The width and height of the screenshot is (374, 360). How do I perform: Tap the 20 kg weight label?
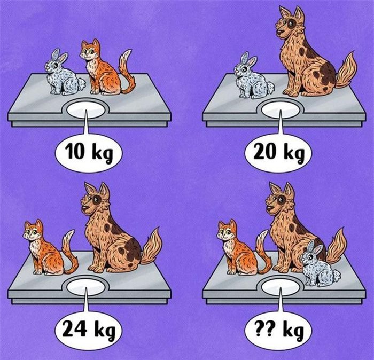click(x=279, y=152)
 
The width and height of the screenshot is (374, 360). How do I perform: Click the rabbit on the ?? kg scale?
click(x=319, y=264)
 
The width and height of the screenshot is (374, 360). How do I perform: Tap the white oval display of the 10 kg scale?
click(x=85, y=110)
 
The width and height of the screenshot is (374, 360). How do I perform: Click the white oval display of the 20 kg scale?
click(x=280, y=110)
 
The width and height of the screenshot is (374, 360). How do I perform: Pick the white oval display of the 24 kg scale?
click(x=85, y=287)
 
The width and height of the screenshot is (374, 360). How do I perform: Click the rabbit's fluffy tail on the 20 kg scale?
click(x=270, y=87)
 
